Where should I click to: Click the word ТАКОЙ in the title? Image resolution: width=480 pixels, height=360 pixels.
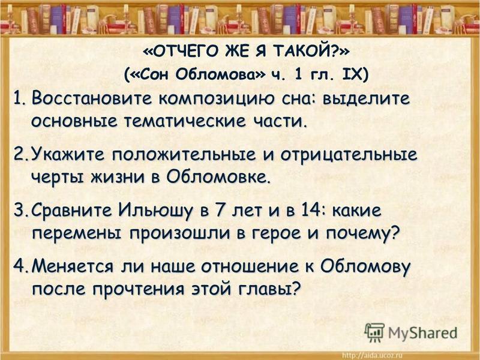click(302, 52)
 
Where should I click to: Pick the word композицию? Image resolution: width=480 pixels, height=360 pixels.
click(216, 100)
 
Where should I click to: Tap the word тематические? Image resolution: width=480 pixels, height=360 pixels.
click(185, 122)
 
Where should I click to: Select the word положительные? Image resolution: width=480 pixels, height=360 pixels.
click(184, 155)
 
